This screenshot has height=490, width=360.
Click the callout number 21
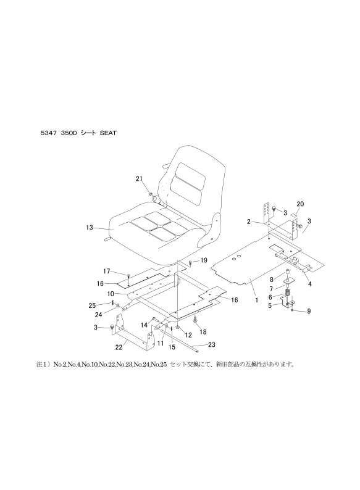tap(140, 179)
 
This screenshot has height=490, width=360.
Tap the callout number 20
tap(300, 204)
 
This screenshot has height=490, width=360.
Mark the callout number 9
tap(309, 311)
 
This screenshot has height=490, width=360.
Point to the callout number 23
tap(211, 344)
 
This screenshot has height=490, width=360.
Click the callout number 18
tap(203, 331)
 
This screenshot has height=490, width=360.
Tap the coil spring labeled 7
tap(288, 286)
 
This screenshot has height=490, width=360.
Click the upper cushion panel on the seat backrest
tap(185, 171)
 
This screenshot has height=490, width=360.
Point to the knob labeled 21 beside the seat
tap(151, 196)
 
